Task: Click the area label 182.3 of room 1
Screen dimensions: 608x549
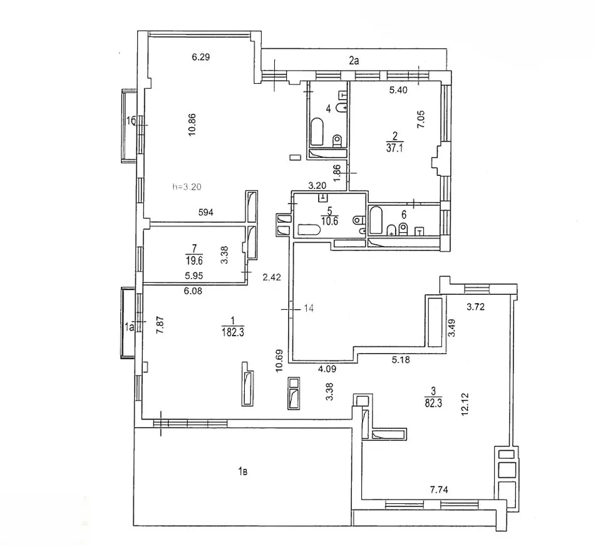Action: pyautogui.click(x=233, y=332)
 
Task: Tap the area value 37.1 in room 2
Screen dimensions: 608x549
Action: pyautogui.click(x=394, y=148)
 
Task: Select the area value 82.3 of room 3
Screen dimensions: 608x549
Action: pyautogui.click(x=433, y=403)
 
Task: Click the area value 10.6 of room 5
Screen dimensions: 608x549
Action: pyautogui.click(x=330, y=222)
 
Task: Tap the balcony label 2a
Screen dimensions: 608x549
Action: pyautogui.click(x=354, y=61)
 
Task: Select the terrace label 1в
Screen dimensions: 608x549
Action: pyautogui.click(x=242, y=471)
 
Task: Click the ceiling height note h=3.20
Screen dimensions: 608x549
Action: pyautogui.click(x=187, y=187)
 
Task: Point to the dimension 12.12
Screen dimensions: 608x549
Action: pyautogui.click(x=465, y=404)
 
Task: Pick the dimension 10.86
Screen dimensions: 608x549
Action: pyautogui.click(x=192, y=125)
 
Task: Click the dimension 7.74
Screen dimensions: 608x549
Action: pyautogui.click(x=439, y=490)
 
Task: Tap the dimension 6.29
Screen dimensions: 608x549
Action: pyautogui.click(x=201, y=57)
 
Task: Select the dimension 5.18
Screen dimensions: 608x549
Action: pyautogui.click(x=401, y=360)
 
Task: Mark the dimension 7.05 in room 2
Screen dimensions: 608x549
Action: pyautogui.click(x=421, y=120)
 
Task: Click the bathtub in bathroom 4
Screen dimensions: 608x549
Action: pyautogui.click(x=317, y=131)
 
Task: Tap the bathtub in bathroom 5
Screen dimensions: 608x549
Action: pyautogui.click(x=309, y=231)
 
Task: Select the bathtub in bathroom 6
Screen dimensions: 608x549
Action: pyautogui.click(x=375, y=220)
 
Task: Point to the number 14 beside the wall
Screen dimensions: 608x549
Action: pyautogui.click(x=309, y=309)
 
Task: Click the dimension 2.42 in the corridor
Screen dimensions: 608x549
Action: pyautogui.click(x=271, y=277)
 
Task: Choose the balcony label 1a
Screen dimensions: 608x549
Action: pyautogui.click(x=129, y=327)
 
